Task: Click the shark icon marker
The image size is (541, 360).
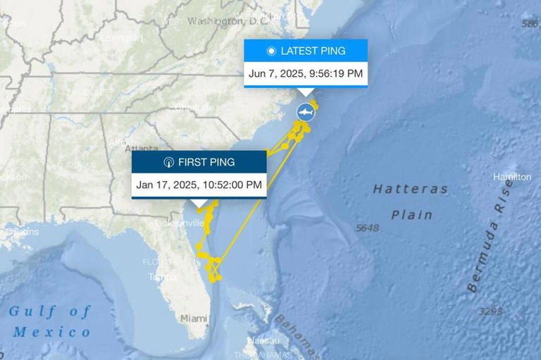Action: (305, 112)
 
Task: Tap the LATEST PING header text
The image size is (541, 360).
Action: (313, 51)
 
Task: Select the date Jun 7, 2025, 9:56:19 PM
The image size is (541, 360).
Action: (306, 73)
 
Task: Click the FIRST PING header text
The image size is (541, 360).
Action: (206, 162)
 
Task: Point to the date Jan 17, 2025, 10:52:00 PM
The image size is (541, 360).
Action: (199, 185)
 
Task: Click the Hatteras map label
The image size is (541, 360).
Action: (411, 189)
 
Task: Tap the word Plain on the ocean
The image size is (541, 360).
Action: (412, 214)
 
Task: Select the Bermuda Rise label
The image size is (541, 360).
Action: (492, 235)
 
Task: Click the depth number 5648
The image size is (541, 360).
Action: (368, 228)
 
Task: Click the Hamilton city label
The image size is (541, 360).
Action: (512, 177)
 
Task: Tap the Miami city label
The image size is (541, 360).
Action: (194, 318)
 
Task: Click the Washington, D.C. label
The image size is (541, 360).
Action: (218, 21)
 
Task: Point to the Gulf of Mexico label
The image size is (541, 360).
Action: (50, 321)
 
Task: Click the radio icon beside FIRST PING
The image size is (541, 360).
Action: (168, 162)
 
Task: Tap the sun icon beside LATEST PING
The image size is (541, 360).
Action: (271, 51)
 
